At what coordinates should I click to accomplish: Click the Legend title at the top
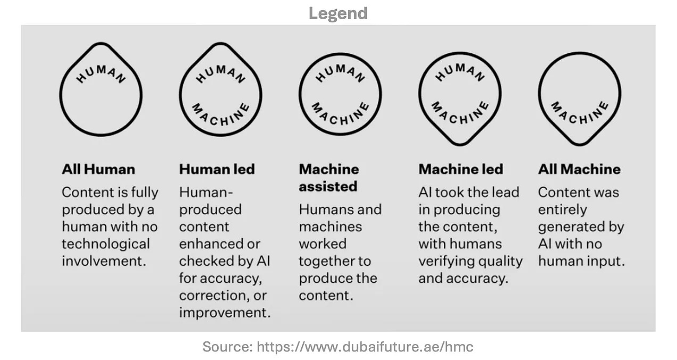point(338,13)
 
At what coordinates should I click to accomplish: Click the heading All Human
point(98,169)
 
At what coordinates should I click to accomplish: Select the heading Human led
point(217,169)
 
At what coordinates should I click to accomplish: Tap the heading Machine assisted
point(328,178)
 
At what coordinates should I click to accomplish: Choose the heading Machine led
point(460,169)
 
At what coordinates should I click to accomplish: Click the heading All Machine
point(579,169)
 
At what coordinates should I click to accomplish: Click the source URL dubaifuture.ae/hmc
point(365,347)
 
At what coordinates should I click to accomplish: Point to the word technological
point(105,244)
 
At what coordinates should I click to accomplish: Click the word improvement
point(224,312)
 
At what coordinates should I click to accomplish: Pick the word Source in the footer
point(227,347)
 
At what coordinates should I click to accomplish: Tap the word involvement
point(103,261)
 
